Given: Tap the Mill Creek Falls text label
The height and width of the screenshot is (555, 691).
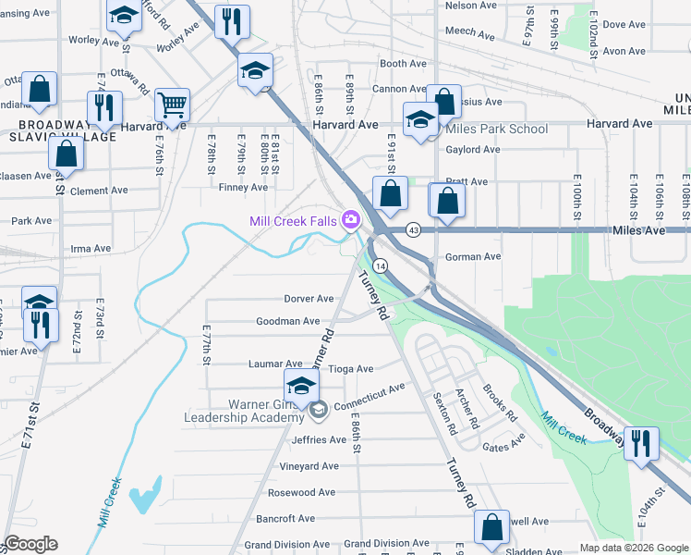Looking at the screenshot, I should tap(293, 220).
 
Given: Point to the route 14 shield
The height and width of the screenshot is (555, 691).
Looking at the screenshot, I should tap(381, 265).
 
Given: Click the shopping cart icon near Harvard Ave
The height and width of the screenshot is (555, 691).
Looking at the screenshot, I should tap(172, 105).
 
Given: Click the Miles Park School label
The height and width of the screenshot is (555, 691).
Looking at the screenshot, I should tap(496, 129).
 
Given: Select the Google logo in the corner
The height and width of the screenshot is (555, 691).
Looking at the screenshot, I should tap(30, 544).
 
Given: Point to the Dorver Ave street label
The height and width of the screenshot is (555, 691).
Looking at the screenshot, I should tap(309, 299).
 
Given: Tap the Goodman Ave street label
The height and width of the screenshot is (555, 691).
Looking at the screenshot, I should tap(288, 321).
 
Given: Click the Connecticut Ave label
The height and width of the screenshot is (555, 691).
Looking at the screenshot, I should tap(370, 399).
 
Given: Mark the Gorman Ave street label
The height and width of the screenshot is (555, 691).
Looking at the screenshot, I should tap(473, 256).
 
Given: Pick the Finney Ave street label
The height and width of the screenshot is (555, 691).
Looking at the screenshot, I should tap(243, 188).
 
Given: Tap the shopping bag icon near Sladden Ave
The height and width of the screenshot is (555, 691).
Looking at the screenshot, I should tap(492, 527).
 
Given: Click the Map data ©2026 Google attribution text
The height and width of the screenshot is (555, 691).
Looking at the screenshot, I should tap(632, 547).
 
